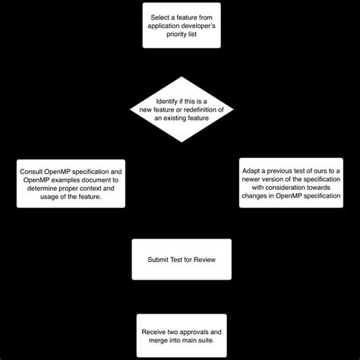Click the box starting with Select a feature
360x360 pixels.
pos(182,25)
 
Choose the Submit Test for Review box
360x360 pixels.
pos(182,260)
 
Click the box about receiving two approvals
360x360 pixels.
pos(182,336)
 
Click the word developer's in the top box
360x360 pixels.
pos(201,25)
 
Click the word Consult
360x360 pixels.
pos(33,170)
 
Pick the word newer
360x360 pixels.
pos(255,179)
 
